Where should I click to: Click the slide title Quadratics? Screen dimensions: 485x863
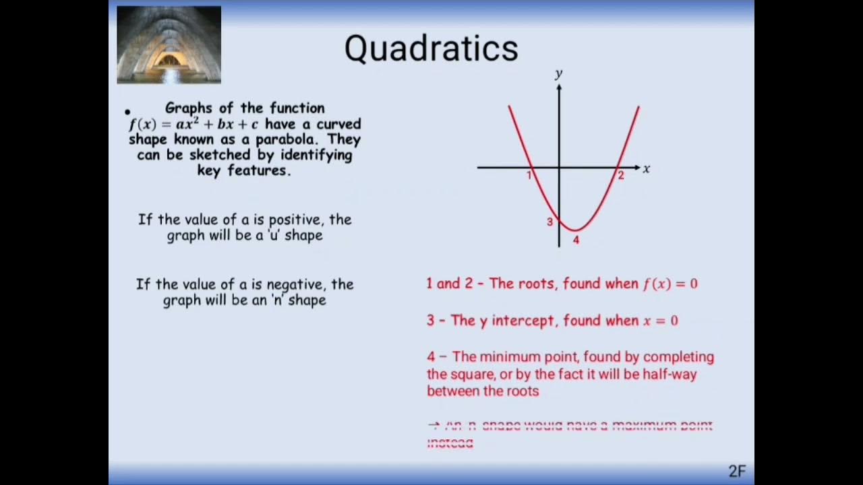[x=431, y=48]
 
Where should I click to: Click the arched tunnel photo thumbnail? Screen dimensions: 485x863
[x=169, y=44]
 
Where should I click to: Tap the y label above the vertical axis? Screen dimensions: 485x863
[x=558, y=73]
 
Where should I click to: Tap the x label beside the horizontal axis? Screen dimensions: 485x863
[x=646, y=169]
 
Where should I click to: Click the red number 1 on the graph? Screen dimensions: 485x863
[x=529, y=176]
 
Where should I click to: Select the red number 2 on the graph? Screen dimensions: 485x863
[x=621, y=176]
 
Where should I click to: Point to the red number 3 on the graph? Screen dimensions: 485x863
[x=549, y=222]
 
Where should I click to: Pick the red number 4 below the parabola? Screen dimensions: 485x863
[x=576, y=240]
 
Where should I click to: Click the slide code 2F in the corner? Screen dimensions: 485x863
[x=737, y=471]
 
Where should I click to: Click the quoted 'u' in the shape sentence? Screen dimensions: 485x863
[x=274, y=236]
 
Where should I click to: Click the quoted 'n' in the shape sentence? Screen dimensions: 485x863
[x=277, y=300]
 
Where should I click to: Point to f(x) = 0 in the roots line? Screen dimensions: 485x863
[x=670, y=284]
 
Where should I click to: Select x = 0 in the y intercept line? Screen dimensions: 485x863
[x=660, y=321]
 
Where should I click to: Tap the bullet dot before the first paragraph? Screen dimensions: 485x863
[x=127, y=112]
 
